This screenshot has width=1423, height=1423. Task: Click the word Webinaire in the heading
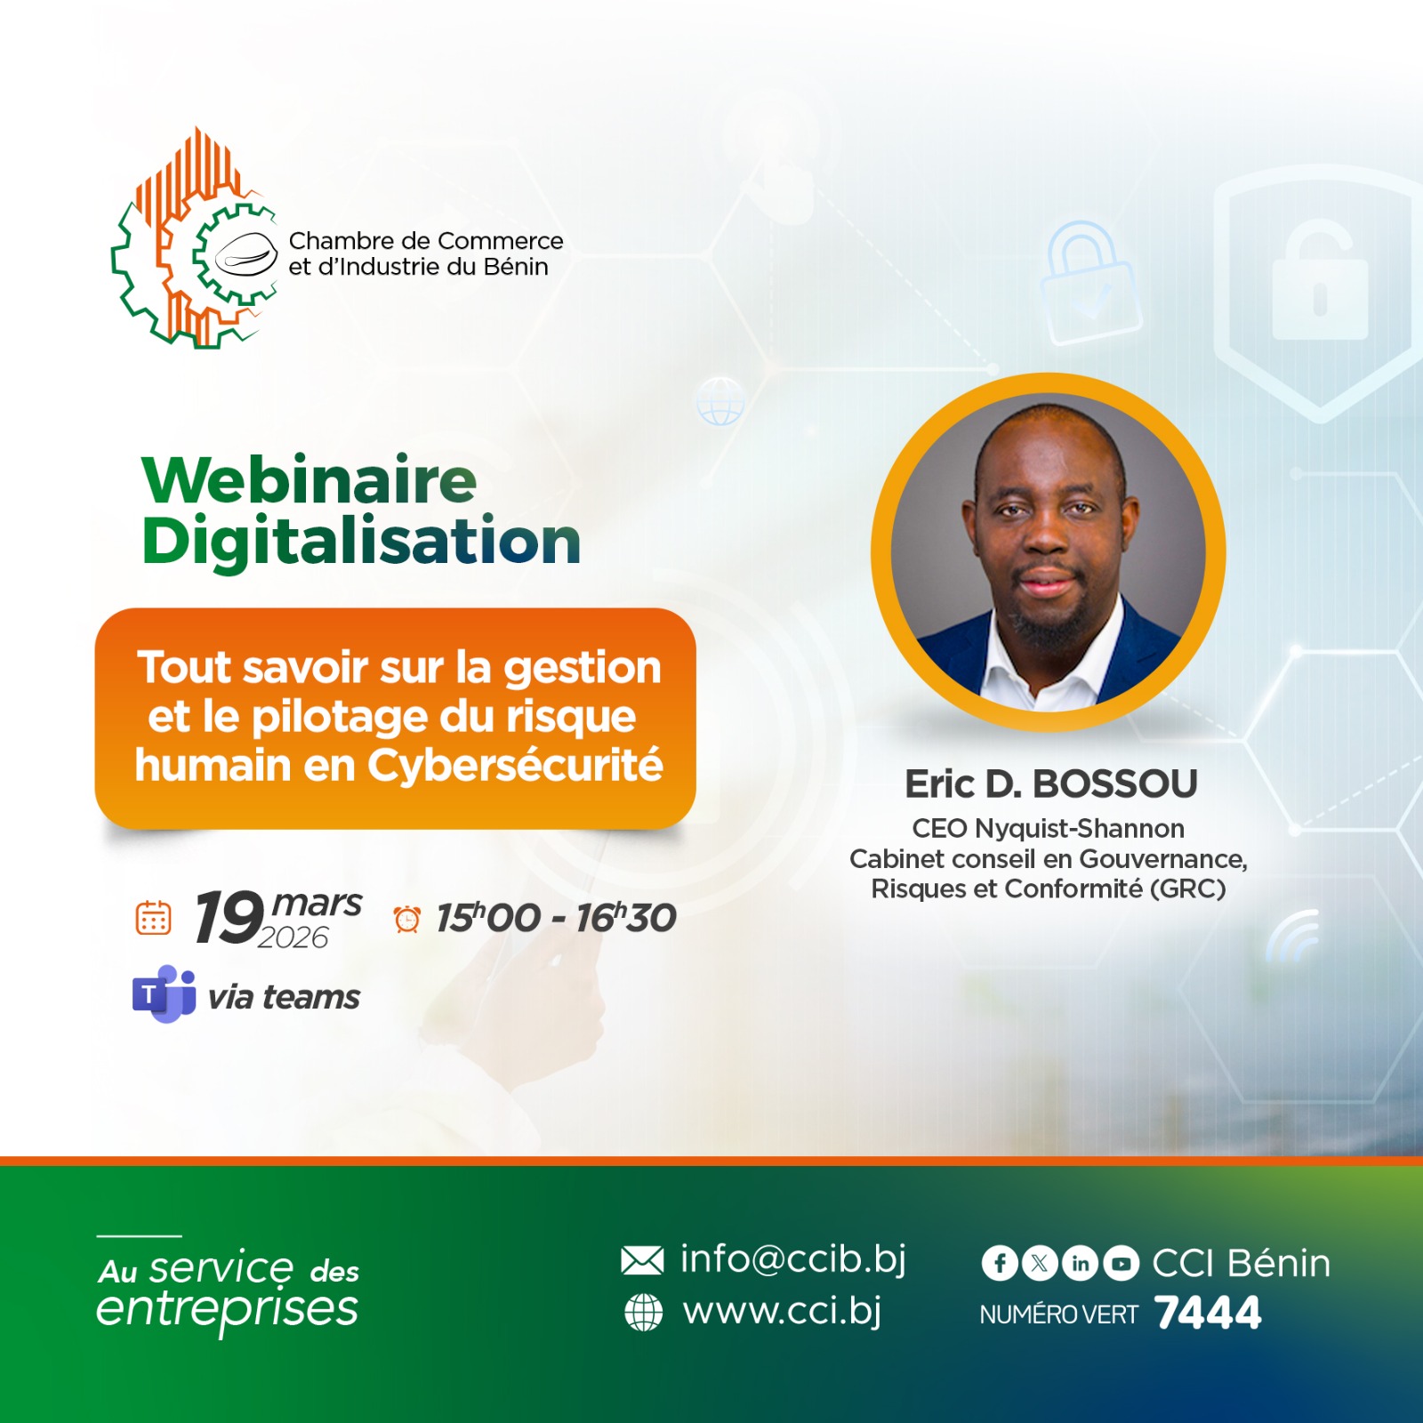(x=310, y=480)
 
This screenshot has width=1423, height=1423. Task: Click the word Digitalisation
(x=361, y=543)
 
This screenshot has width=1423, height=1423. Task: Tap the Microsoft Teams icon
(x=165, y=993)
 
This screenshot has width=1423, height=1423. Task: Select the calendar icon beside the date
(x=153, y=918)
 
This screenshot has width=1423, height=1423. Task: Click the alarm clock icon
(x=407, y=919)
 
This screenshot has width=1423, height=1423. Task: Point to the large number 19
(x=229, y=917)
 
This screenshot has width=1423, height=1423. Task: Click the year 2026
(x=293, y=937)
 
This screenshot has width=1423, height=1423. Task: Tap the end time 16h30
(x=626, y=918)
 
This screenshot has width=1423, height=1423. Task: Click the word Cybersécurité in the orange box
(x=516, y=765)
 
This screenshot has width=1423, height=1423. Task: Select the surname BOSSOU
(x=1115, y=784)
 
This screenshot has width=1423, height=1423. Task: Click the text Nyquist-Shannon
(x=1080, y=829)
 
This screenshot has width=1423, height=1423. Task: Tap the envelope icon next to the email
(x=642, y=1260)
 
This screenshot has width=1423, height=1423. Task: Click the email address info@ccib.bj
(x=793, y=1259)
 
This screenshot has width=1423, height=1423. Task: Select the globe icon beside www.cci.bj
(x=644, y=1312)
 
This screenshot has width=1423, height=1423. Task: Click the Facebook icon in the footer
(x=1000, y=1263)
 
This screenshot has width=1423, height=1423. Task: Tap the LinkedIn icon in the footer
(x=1081, y=1263)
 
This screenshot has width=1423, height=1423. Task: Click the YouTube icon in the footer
(x=1121, y=1263)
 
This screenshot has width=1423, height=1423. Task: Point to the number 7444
(x=1208, y=1313)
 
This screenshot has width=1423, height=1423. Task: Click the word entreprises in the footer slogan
(x=228, y=1309)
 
